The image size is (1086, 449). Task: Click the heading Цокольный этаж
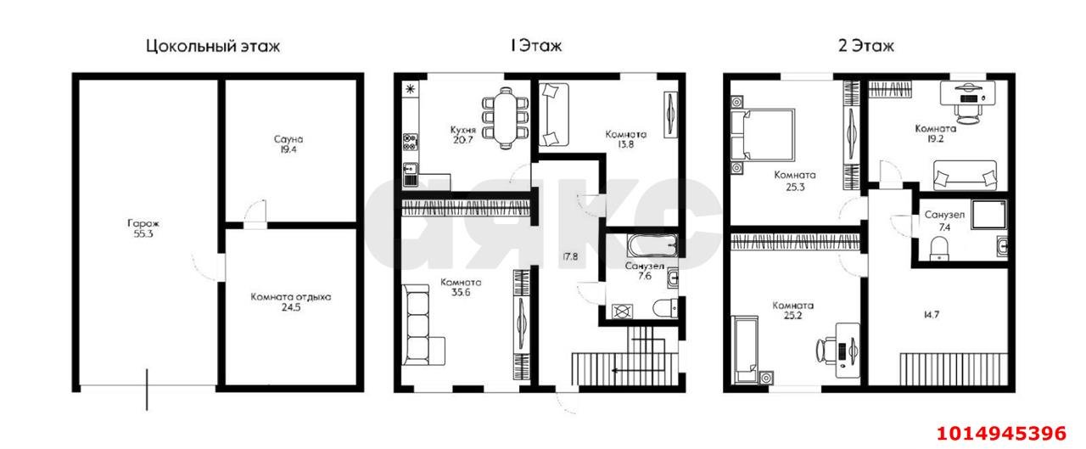click(213, 47)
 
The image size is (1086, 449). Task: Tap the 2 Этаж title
click(866, 46)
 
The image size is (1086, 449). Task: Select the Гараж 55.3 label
click(143, 228)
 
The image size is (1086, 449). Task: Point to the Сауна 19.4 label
click(288, 144)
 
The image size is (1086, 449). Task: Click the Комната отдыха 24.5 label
click(291, 301)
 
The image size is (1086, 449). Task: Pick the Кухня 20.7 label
click(463, 135)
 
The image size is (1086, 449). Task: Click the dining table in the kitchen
click(506, 117)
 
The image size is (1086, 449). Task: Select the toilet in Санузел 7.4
click(940, 248)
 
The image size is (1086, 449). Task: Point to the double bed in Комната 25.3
click(763, 135)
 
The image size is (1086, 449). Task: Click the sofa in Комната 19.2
click(965, 175)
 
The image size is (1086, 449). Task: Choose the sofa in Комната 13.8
click(554, 115)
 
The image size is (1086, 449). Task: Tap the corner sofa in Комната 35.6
click(422, 324)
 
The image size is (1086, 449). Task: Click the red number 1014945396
click(1001, 433)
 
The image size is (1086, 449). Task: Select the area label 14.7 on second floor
click(932, 315)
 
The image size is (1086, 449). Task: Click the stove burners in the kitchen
click(410, 142)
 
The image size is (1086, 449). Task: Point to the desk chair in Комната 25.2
click(826, 350)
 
